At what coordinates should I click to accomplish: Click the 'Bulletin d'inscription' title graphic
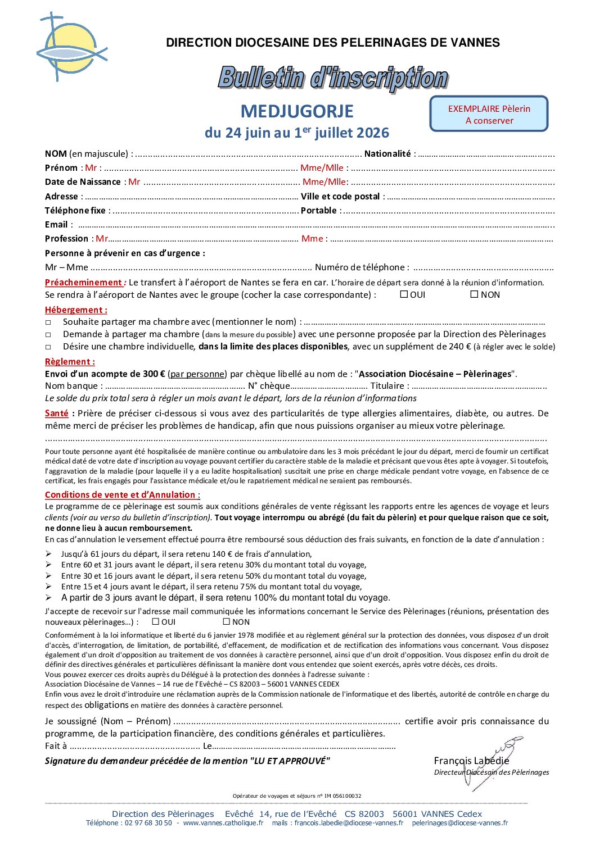333,78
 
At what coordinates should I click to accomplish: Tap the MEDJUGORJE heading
297,111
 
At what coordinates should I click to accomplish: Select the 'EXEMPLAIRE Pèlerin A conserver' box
489,114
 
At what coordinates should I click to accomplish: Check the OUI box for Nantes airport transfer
404,294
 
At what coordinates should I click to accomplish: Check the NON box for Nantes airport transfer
474,294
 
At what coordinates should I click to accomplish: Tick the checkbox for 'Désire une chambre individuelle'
48,347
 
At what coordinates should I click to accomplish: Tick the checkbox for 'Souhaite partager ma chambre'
48,322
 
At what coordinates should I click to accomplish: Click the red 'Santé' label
57,413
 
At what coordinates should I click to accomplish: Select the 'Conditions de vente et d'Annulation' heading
121,494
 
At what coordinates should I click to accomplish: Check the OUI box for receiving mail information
156,621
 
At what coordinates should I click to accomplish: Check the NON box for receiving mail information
227,621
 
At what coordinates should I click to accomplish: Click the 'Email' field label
56,224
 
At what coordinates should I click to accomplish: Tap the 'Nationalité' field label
388,153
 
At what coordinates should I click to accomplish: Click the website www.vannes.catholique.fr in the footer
223,823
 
